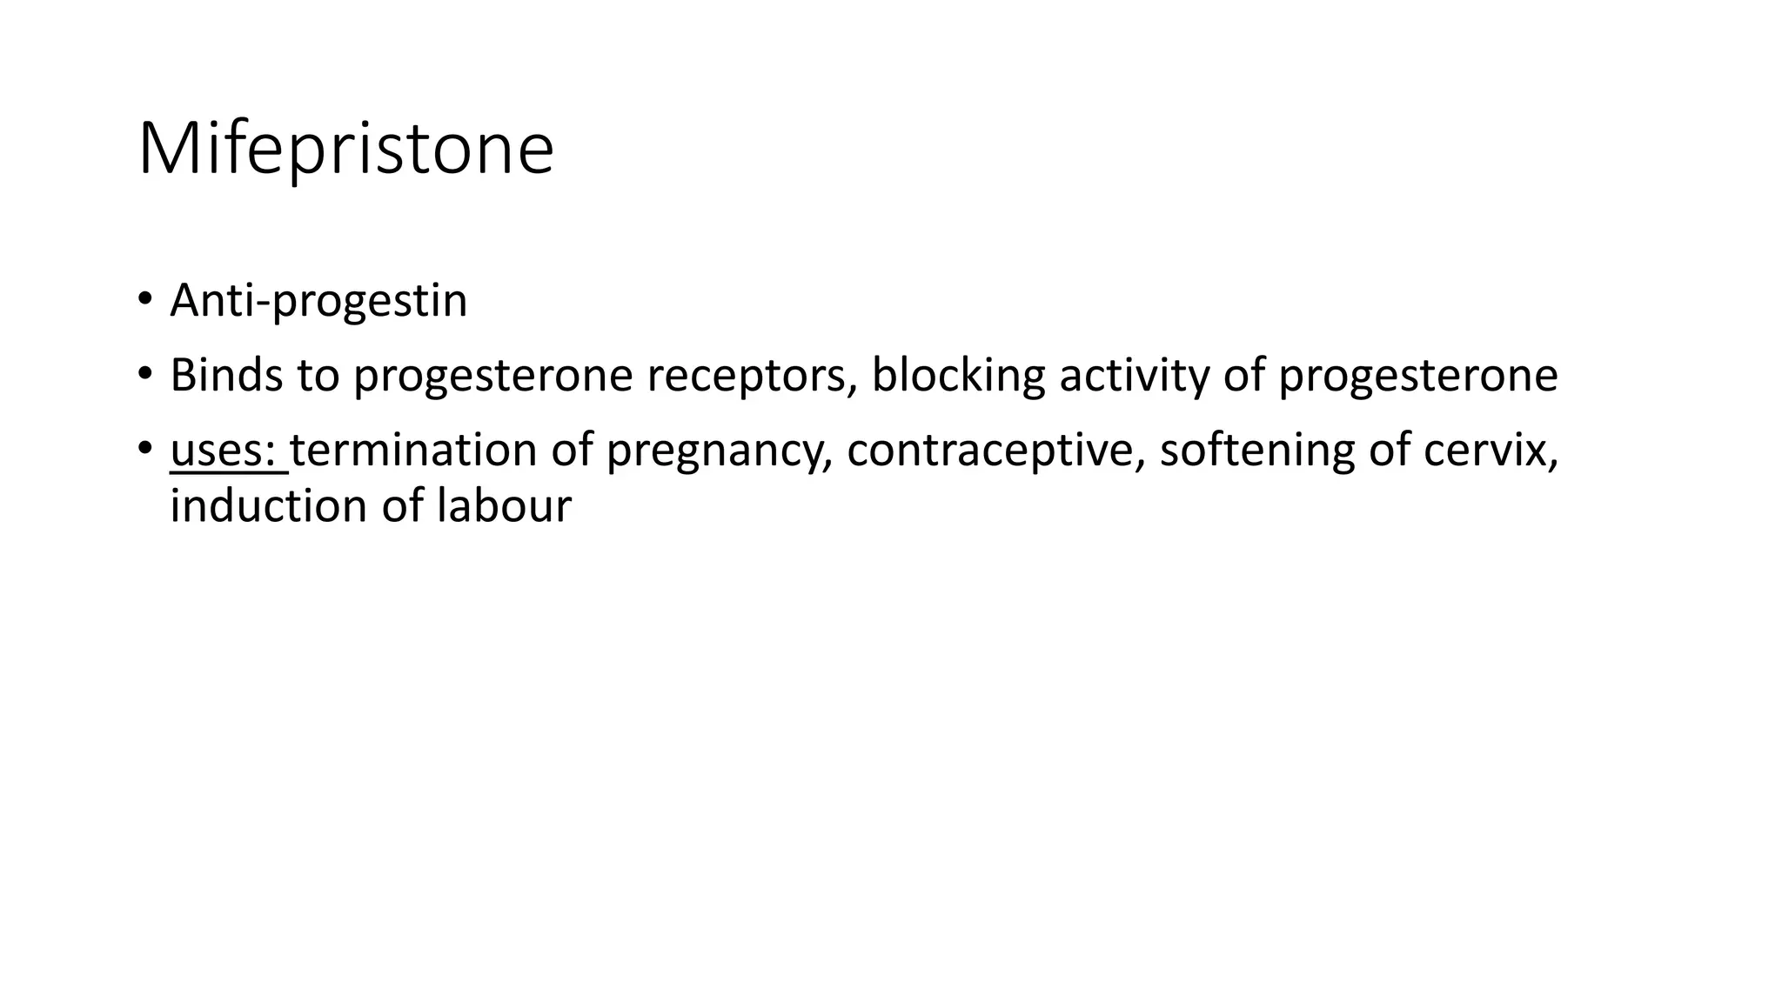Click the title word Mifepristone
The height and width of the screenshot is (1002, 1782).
[x=345, y=150]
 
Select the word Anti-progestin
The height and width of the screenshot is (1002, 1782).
[x=318, y=301]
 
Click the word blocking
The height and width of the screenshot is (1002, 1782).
[x=957, y=376]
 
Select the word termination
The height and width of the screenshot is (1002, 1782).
[x=413, y=451]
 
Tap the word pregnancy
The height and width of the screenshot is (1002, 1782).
[x=713, y=451]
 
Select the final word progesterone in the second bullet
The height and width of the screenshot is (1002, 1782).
[x=1417, y=376]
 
